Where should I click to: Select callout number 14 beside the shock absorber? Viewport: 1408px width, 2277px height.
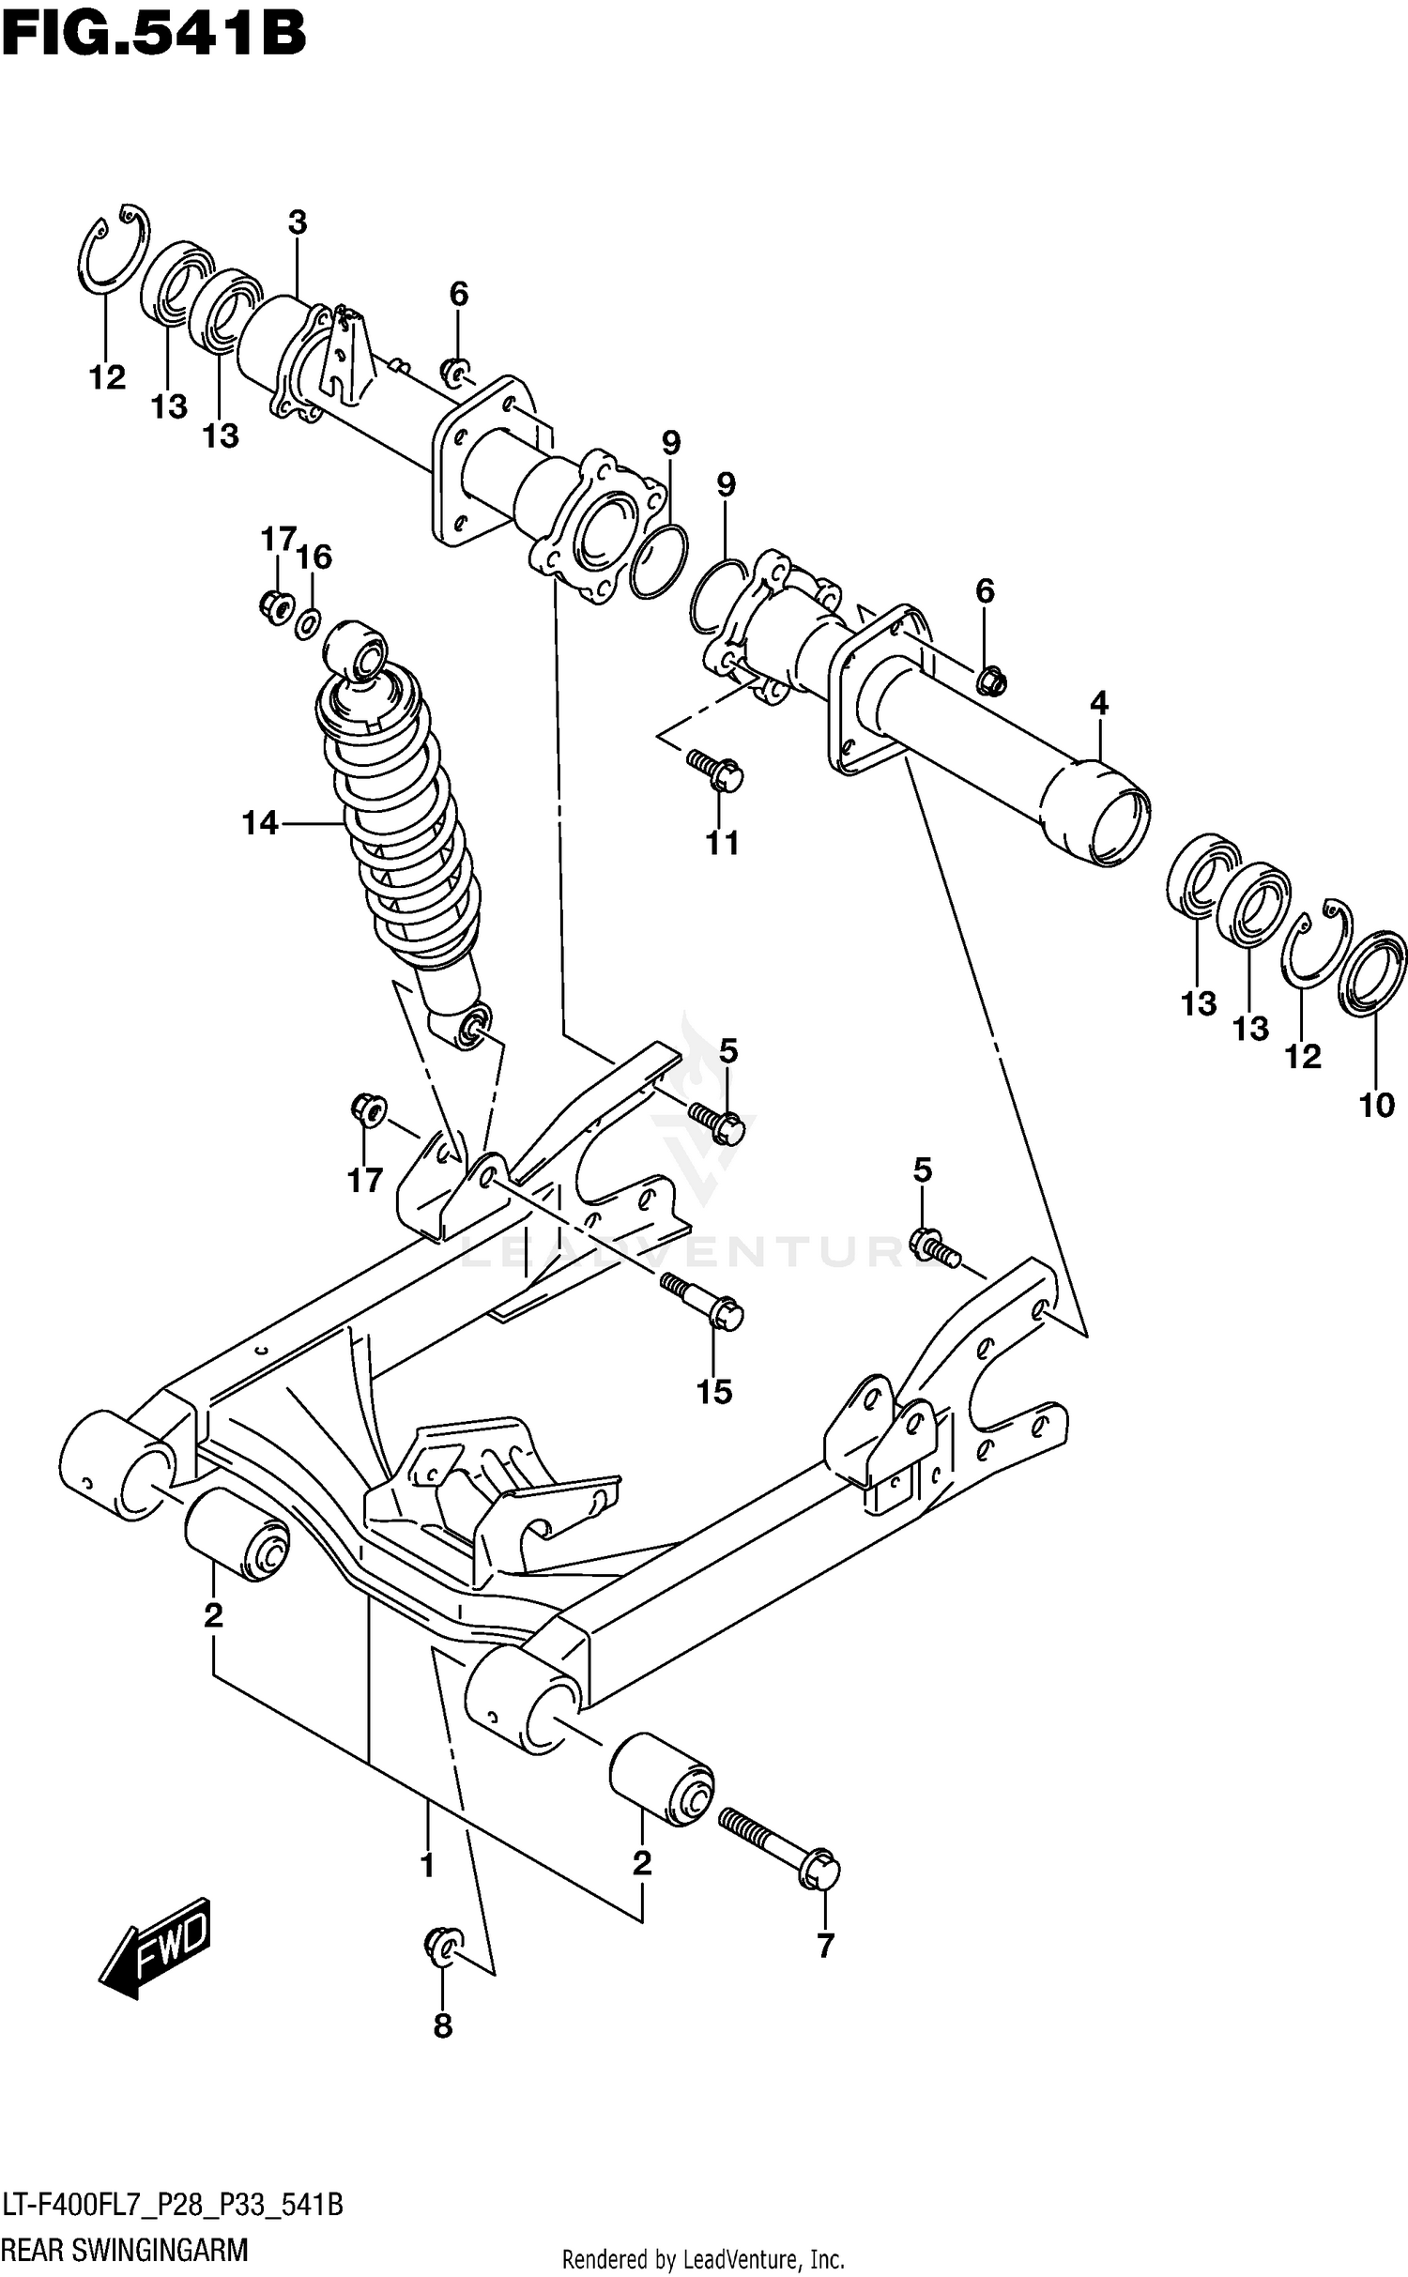260,824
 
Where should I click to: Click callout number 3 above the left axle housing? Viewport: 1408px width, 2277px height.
297,223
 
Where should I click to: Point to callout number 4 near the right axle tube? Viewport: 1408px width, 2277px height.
1099,703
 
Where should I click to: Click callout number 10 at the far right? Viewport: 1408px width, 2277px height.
1377,1106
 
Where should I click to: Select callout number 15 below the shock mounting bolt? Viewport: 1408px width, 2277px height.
713,1391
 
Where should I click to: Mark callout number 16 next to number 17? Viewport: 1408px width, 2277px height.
314,558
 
